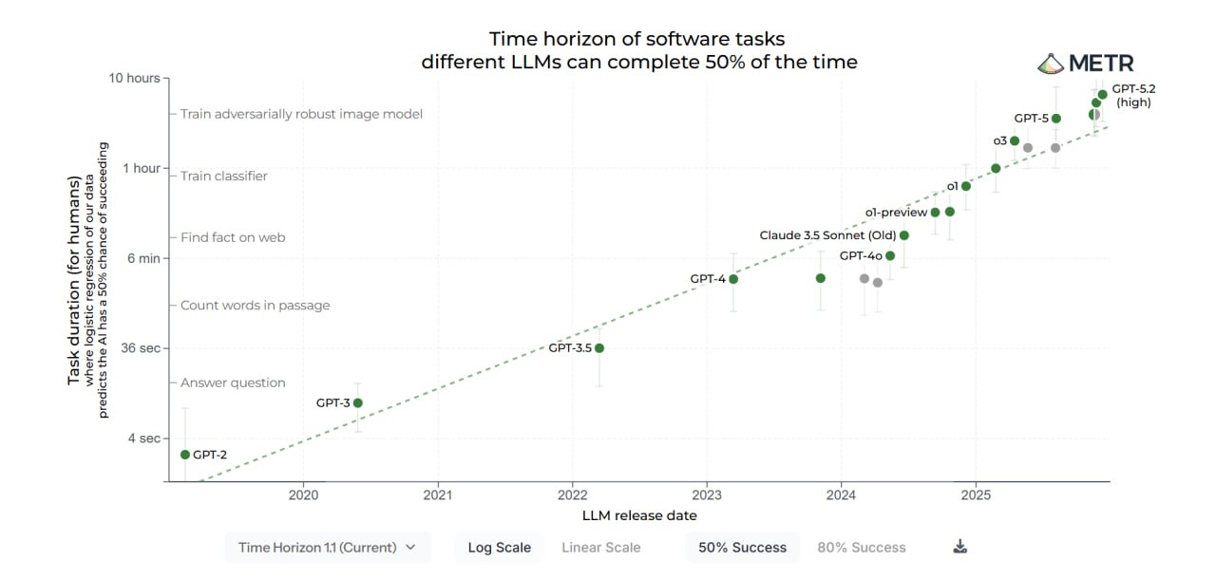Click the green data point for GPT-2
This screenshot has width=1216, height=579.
185,455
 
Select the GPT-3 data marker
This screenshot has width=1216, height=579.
358,403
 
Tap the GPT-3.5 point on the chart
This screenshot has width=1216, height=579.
599,348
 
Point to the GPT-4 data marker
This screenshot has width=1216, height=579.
733,279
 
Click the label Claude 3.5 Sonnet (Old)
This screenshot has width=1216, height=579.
827,235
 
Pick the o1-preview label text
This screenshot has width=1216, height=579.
895,213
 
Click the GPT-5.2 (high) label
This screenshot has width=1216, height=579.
1133,95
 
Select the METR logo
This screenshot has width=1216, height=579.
1085,64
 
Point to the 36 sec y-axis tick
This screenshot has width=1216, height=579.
137,348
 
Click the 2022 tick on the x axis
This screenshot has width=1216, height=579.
572,495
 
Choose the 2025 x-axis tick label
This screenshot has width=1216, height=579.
976,495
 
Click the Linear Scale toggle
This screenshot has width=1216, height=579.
600,548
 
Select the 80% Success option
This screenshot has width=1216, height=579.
862,548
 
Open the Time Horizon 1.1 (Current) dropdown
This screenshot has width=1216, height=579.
328,548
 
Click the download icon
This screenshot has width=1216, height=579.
959,547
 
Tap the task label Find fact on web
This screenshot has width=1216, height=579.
233,237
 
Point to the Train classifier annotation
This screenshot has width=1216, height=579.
224,176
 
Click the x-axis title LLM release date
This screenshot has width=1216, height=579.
639,515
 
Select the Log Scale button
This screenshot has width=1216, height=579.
500,548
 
